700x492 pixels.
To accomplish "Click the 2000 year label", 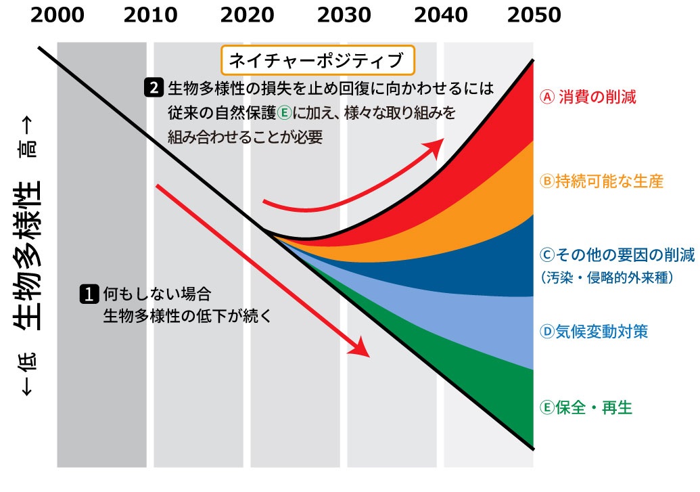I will (x=57, y=15).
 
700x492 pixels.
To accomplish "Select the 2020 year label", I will (x=248, y=15).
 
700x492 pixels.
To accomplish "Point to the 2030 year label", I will (x=344, y=15).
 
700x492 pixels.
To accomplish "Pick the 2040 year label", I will (x=440, y=15).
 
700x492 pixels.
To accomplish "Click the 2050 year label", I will (x=534, y=15).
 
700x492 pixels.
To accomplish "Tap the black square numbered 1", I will (x=88, y=295).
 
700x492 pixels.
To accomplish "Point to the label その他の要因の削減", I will (x=617, y=255).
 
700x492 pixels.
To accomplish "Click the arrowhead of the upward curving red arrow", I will (x=438, y=144).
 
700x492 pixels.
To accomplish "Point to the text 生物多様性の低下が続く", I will (x=186, y=315).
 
